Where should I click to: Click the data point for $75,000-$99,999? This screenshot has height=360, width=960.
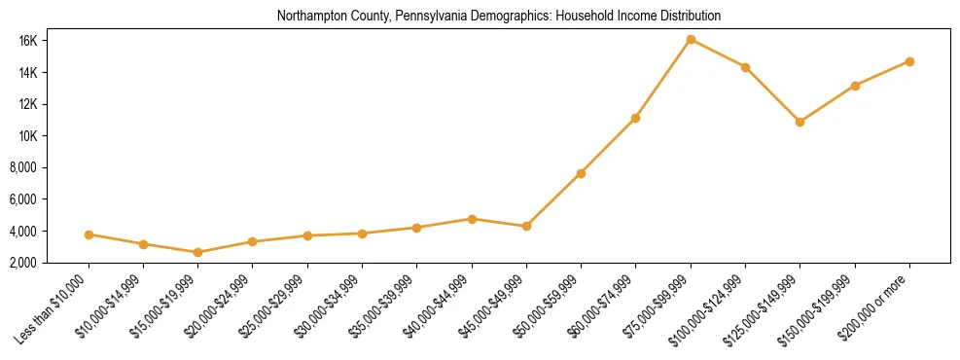coord(691,40)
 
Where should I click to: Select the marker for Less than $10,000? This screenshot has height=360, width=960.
coord(89,234)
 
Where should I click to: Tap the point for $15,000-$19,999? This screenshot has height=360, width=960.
coord(198,252)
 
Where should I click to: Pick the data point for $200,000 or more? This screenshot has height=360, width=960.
coord(909,61)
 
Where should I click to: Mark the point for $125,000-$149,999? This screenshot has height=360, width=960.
coord(800,122)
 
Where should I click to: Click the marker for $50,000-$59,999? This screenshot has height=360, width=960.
coord(581,173)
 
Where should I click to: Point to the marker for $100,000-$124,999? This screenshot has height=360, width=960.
coord(745,67)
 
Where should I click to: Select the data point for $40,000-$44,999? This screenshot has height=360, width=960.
coord(472,219)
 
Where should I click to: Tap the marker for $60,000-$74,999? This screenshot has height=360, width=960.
coord(635,118)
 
